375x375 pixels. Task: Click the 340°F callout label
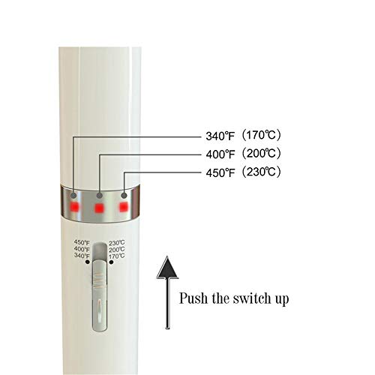click(x=220, y=136)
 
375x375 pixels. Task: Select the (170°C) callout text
click(x=261, y=135)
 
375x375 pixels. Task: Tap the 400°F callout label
click(x=220, y=154)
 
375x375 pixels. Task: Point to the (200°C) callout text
click(x=261, y=153)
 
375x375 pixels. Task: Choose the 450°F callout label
click(x=220, y=172)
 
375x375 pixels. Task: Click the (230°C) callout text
click(x=261, y=172)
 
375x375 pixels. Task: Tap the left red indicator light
click(x=75, y=207)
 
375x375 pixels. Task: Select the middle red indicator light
click(x=99, y=208)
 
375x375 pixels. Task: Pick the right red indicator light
click(x=123, y=207)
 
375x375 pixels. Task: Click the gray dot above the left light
click(x=73, y=196)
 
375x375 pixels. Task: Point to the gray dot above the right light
click(x=124, y=195)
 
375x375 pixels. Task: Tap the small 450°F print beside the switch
click(x=82, y=242)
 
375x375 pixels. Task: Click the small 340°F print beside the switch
click(x=82, y=256)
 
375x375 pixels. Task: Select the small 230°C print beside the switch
click(x=117, y=242)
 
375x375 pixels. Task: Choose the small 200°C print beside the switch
click(x=117, y=249)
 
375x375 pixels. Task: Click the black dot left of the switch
click(x=88, y=262)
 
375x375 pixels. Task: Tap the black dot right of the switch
click(x=111, y=262)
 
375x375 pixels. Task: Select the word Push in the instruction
click(x=193, y=298)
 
